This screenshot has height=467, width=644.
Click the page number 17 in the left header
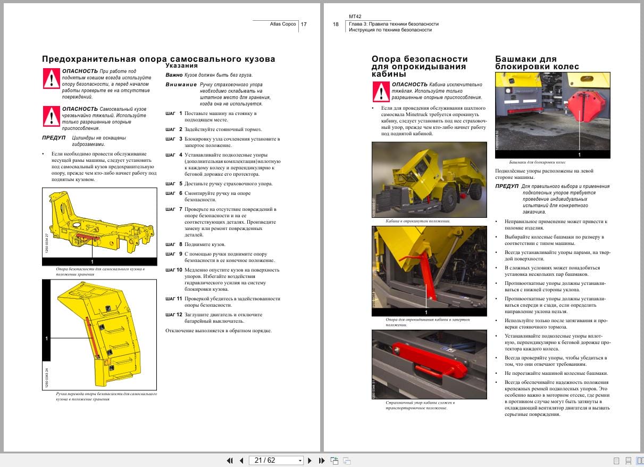(304, 24)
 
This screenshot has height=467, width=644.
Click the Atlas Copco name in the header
(283, 24)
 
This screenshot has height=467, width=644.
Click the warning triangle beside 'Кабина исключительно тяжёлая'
(381, 92)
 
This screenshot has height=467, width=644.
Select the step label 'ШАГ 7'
(173, 209)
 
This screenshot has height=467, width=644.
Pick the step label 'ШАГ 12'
(173, 315)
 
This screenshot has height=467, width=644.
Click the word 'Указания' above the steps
(181, 65)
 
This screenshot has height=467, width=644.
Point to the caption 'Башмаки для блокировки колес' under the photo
(537, 161)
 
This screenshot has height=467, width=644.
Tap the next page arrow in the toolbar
(311, 460)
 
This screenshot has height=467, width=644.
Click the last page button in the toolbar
(322, 460)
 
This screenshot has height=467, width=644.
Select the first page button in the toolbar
(230, 460)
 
